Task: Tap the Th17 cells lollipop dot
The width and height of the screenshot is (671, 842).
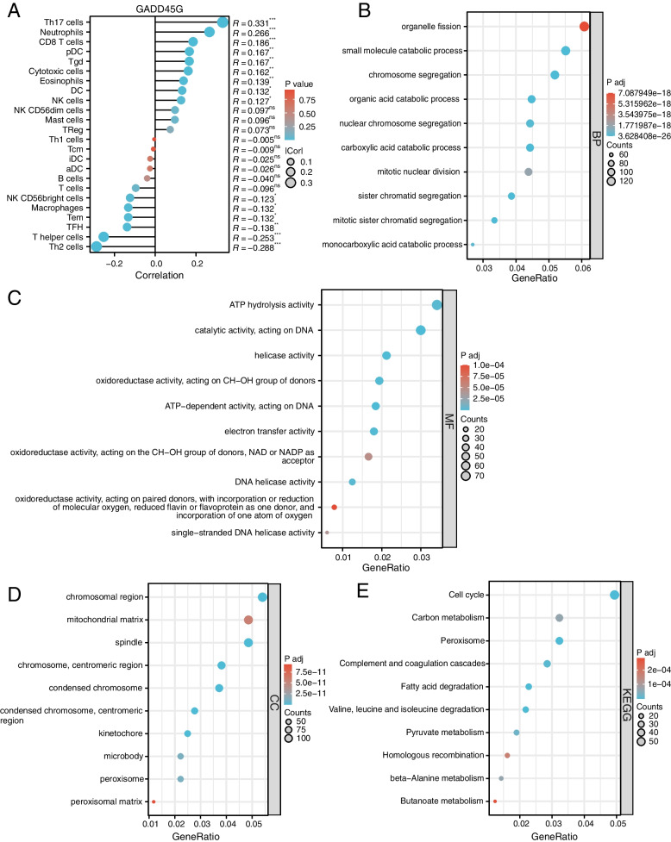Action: click(223, 22)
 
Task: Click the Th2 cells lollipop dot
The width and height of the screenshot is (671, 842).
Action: click(97, 247)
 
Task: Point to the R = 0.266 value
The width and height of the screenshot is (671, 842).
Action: click(254, 32)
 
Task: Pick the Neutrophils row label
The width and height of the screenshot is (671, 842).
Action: click(60, 32)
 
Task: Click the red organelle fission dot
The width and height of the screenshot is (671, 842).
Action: click(584, 27)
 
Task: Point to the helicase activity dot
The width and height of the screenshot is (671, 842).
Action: click(386, 355)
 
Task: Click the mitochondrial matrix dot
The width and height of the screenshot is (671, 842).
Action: click(248, 620)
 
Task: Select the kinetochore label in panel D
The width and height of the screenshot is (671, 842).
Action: click(122, 709)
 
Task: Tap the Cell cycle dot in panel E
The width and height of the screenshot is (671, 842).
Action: click(614, 595)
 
